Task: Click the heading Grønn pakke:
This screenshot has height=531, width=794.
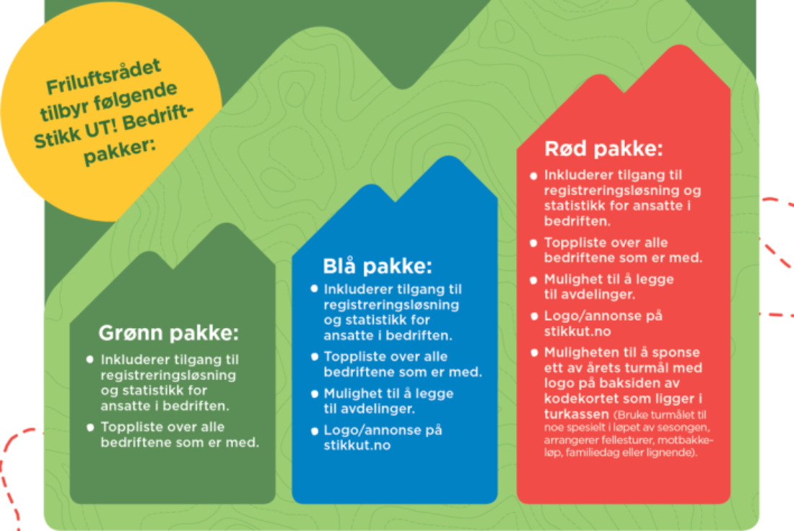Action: [x=169, y=333]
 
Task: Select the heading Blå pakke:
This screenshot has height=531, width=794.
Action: [x=378, y=266]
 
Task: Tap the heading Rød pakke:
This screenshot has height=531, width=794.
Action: [x=603, y=149]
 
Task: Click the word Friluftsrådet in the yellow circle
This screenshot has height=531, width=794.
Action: [x=104, y=77]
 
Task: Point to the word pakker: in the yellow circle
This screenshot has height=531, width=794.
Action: [x=120, y=150]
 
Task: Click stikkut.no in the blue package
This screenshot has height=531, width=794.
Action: [x=357, y=445]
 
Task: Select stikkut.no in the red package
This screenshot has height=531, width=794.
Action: [x=577, y=332]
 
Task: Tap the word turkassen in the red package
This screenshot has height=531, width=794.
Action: [x=576, y=414]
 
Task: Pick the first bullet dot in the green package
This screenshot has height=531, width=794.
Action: [x=90, y=359]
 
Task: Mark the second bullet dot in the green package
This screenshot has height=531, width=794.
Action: [x=90, y=427]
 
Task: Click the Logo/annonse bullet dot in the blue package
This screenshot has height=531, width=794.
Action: [x=315, y=431]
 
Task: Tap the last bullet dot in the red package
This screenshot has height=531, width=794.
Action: [x=533, y=353]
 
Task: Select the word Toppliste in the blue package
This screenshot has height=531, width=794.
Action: [x=352, y=357]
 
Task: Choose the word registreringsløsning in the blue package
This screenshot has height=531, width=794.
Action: [x=391, y=305]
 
